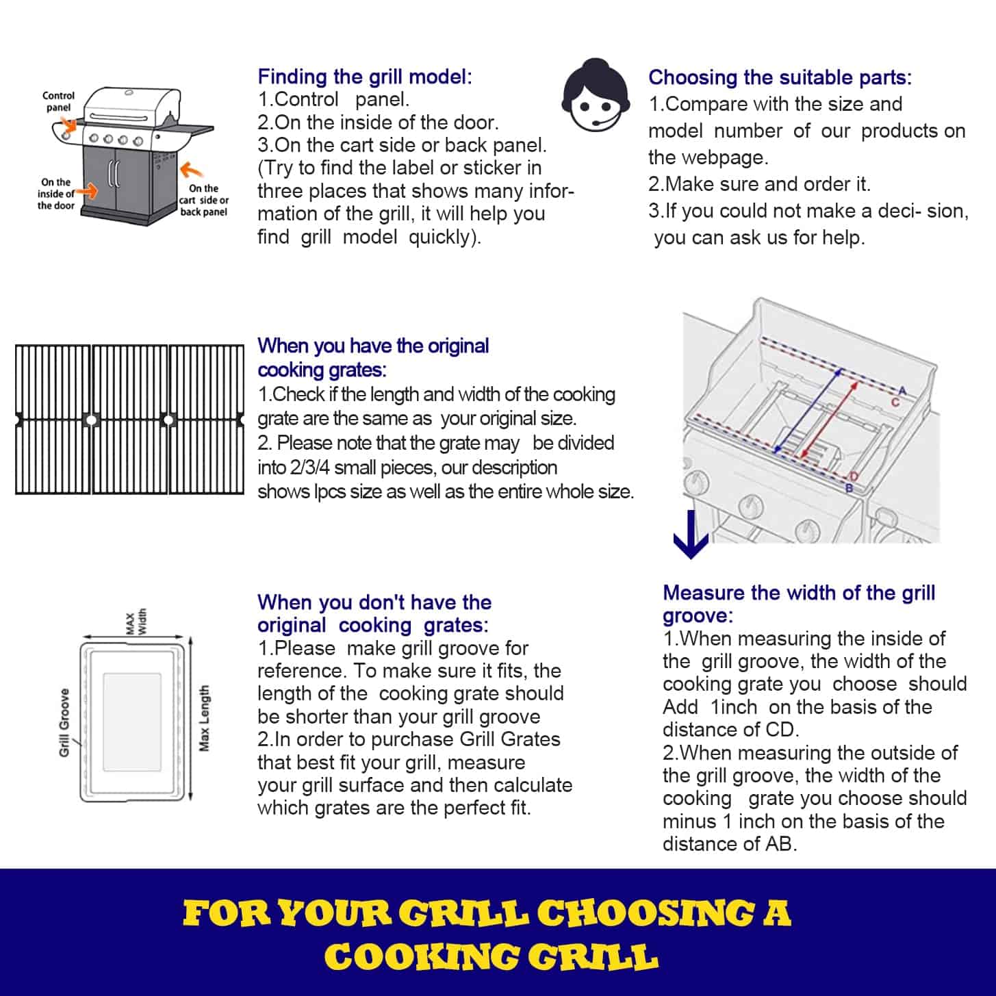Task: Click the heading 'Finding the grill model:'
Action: click(x=364, y=77)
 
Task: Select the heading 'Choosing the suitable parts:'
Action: click(x=780, y=77)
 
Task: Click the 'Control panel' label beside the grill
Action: click(x=58, y=101)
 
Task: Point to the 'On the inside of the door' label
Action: click(x=56, y=194)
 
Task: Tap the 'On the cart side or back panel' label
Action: click(x=203, y=200)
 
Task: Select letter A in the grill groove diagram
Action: click(x=902, y=390)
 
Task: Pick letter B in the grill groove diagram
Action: click(x=849, y=488)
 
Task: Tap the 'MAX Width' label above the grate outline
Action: click(x=136, y=622)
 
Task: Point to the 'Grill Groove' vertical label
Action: click(x=64, y=722)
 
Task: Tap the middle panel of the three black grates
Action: click(x=130, y=419)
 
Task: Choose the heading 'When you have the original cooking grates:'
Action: click(x=373, y=357)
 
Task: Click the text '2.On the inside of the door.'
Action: click(x=378, y=123)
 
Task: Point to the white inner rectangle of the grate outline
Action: click(x=132, y=722)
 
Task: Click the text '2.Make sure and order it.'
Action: click(x=759, y=184)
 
